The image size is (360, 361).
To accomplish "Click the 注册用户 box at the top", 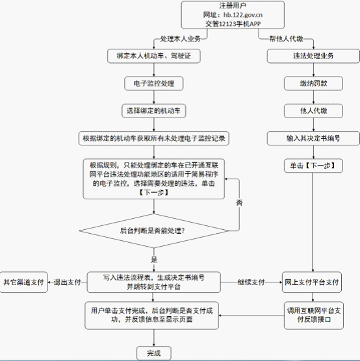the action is (233, 15).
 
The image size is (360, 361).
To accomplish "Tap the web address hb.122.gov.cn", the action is (243, 15).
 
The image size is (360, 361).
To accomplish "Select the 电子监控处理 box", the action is (154, 83).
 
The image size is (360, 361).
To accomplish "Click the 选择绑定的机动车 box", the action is (154, 111).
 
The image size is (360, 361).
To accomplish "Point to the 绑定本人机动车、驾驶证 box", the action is (154, 56).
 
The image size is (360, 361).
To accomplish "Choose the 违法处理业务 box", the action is (313, 56).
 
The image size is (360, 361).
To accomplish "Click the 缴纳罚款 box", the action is (313, 83).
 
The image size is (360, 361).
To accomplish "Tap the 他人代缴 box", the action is (313, 111).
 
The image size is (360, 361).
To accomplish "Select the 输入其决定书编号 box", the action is (313, 138).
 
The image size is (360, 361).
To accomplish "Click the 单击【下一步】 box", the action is (313, 166).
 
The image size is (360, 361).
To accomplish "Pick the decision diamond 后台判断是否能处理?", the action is (154, 230).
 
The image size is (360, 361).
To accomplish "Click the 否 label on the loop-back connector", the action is (239, 203).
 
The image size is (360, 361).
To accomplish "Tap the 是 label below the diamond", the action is (154, 260).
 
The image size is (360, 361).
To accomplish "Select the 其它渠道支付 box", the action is (23, 282).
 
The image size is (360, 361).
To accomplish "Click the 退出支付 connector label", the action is (68, 282).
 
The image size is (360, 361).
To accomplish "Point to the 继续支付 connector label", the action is (251, 282).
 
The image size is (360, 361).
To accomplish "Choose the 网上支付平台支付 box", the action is (312, 282).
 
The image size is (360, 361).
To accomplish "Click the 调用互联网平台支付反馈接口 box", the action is (314, 316).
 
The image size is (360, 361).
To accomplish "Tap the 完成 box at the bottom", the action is (154, 353).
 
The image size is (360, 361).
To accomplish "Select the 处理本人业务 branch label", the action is (181, 39).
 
